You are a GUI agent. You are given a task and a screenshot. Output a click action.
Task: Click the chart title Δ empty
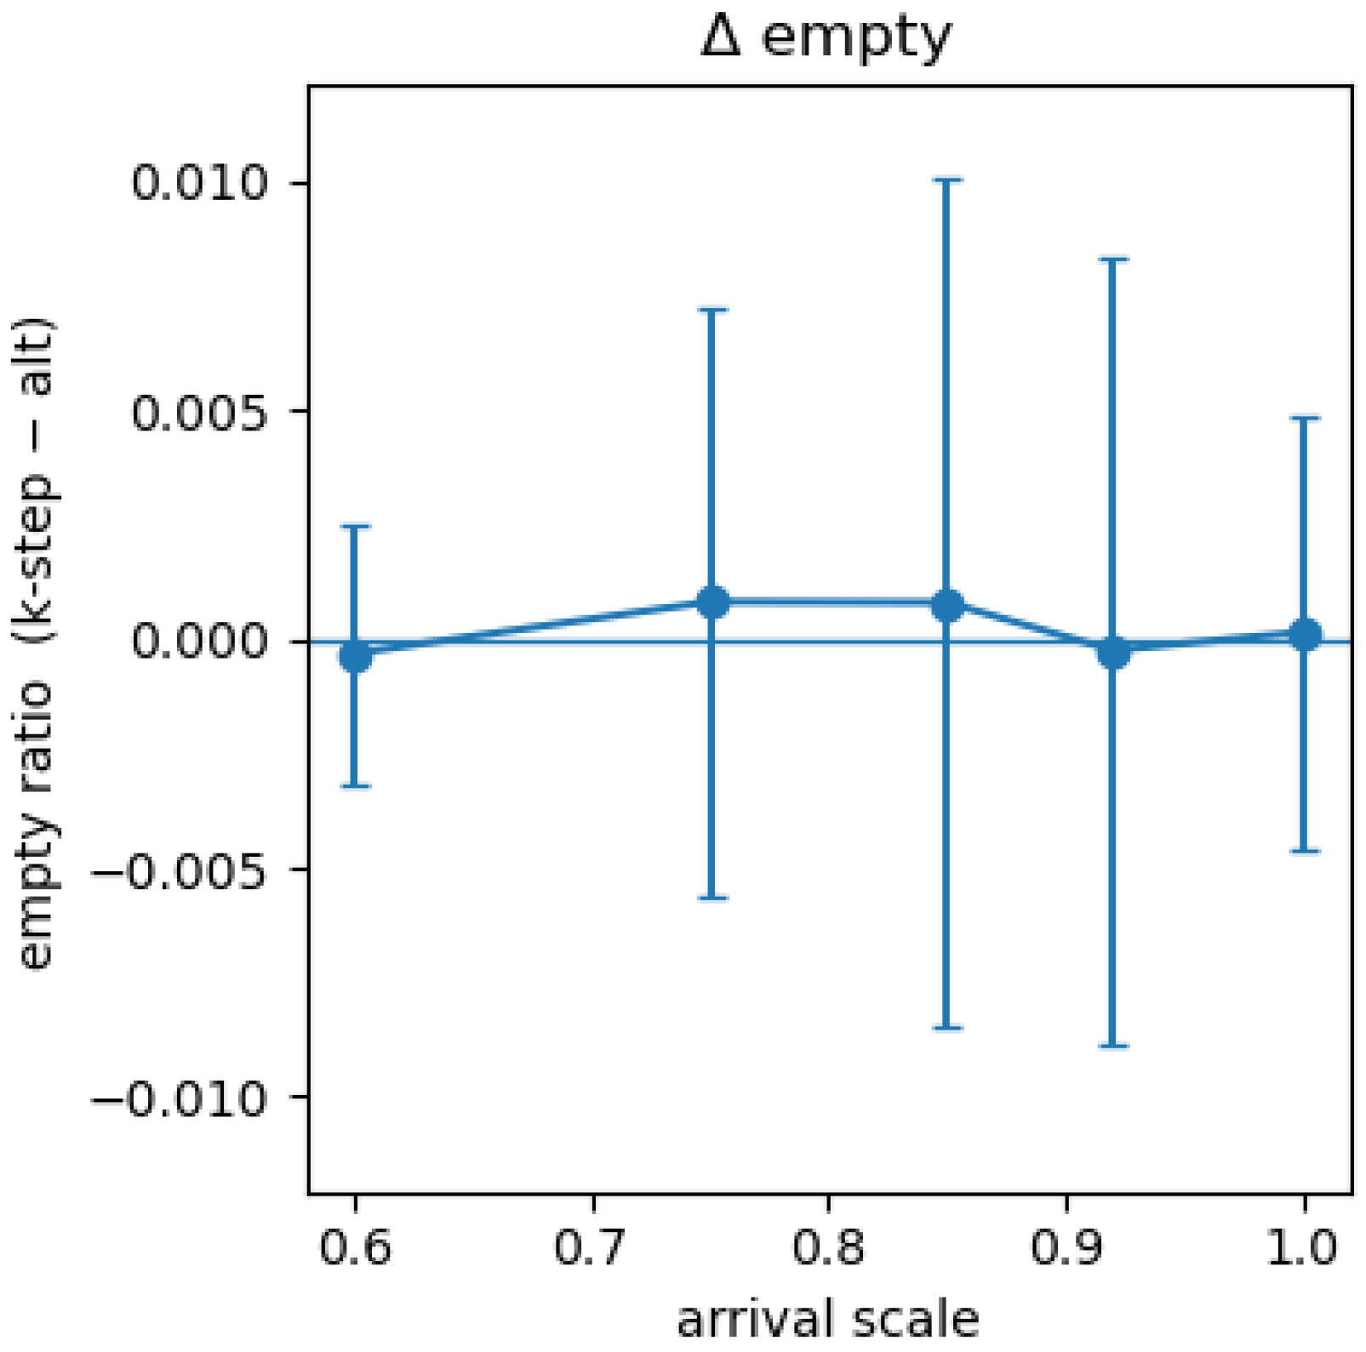click(826, 37)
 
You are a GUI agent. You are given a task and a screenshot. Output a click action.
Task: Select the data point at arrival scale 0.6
click(356, 656)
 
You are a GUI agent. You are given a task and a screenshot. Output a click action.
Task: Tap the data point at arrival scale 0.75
click(712, 602)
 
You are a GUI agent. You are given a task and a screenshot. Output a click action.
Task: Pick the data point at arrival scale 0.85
click(947, 605)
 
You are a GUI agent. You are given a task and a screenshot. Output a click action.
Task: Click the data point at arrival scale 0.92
click(1113, 653)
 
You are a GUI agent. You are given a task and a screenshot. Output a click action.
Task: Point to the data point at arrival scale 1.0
click(1305, 635)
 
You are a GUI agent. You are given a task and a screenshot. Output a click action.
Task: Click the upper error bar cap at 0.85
click(947, 180)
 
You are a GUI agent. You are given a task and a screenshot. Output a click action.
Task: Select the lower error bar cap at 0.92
click(1113, 1046)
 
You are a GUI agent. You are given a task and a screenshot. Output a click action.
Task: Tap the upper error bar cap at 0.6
click(356, 527)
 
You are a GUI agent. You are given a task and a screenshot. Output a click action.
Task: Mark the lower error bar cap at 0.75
click(712, 898)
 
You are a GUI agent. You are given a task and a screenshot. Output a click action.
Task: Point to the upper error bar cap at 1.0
click(1305, 418)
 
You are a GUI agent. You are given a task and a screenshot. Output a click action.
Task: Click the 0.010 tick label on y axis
click(200, 183)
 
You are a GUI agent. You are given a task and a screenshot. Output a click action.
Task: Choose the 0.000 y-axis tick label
click(200, 641)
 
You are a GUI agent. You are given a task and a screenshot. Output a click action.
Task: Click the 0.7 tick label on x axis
click(591, 1248)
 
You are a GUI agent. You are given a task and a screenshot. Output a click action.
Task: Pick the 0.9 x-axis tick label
click(1066, 1248)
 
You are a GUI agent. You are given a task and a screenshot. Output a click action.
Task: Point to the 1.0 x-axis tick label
click(1303, 1248)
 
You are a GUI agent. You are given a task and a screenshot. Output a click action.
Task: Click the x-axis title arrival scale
click(828, 1320)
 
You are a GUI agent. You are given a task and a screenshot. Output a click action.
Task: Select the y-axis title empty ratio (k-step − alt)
click(36, 643)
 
